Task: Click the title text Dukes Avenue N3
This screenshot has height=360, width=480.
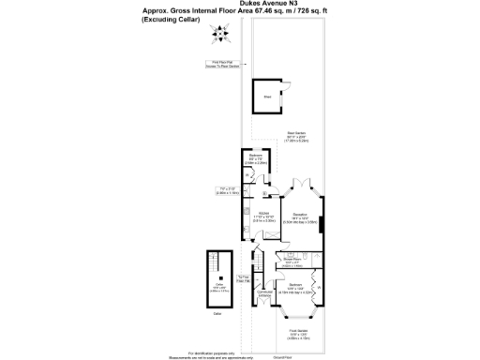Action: pyautogui.click(x=240, y=4)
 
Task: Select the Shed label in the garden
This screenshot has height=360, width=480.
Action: pyautogui.click(x=267, y=96)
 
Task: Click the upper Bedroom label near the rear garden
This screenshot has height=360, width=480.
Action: pyautogui.click(x=254, y=155)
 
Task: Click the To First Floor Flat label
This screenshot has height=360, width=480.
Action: pyautogui.click(x=243, y=278)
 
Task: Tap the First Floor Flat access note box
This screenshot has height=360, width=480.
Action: pyautogui.click(x=223, y=65)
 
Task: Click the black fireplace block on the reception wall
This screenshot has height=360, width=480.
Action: pyautogui.click(x=322, y=224)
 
